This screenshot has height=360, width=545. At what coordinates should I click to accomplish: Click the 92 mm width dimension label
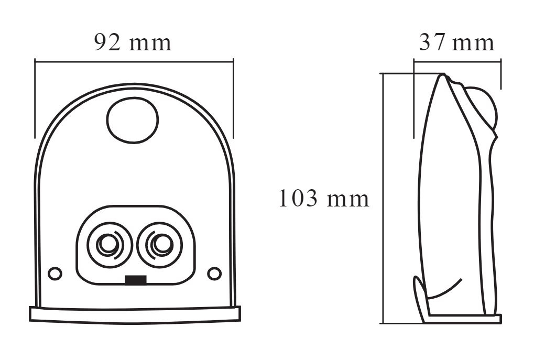click(133, 43)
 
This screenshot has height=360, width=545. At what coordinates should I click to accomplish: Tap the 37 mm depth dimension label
click(456, 43)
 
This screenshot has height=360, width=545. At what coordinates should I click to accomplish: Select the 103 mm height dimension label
click(324, 199)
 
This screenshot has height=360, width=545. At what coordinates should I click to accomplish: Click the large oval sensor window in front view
click(133, 120)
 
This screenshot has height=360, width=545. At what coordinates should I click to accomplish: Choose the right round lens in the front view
click(159, 245)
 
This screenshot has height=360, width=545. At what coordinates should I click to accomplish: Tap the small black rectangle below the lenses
click(136, 280)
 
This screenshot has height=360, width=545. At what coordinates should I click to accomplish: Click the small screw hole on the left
click(54, 274)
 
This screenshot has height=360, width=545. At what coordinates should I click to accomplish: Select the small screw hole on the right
click(214, 274)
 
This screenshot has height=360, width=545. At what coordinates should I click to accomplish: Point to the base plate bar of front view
click(135, 315)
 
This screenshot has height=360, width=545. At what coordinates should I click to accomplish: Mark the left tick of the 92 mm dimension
click(35, 99)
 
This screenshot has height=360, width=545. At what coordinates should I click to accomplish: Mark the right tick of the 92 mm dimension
click(233, 99)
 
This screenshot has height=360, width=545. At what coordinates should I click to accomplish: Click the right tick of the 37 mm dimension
click(501, 74)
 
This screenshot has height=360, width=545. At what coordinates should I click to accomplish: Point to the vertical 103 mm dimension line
click(383, 199)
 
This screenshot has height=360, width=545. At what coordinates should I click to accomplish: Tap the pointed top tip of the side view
click(443, 75)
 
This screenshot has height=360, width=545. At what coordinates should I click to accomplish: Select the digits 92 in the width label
click(107, 43)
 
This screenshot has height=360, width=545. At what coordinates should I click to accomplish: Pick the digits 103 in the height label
click(298, 199)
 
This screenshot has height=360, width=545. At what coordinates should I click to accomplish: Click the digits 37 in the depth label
click(432, 43)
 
